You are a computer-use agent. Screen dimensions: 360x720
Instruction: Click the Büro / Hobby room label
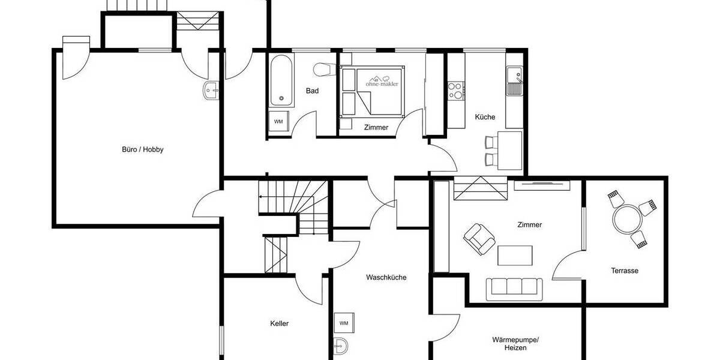[x=142, y=149]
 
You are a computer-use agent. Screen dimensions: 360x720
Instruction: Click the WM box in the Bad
[x=278, y=121]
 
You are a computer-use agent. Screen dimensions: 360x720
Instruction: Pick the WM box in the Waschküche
[x=344, y=323]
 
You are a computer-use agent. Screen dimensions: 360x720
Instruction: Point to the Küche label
[x=485, y=117]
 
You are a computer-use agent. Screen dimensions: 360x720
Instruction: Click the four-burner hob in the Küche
[x=455, y=91]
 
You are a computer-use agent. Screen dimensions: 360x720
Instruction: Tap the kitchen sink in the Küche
[x=514, y=82]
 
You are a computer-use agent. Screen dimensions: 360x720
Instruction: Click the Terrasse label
[x=625, y=271]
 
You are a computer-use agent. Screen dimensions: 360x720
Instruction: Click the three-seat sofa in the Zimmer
[x=515, y=288]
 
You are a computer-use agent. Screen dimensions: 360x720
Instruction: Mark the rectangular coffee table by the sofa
[x=515, y=255]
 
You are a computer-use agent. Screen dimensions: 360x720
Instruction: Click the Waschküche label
[x=386, y=277]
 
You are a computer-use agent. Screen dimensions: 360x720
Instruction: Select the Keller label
[x=279, y=323]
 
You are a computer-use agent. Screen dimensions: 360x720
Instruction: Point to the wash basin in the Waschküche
[x=340, y=346]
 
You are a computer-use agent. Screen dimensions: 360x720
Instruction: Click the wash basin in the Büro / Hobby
[x=211, y=91]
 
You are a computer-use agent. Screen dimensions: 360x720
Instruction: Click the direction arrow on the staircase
[x=262, y=196]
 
